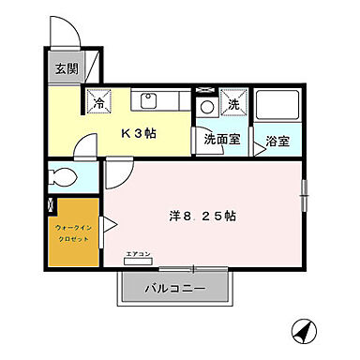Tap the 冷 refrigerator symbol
point(97,100)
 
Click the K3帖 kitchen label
point(140,132)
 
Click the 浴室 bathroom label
point(277,142)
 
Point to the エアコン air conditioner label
point(137,255)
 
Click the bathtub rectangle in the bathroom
point(279,106)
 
